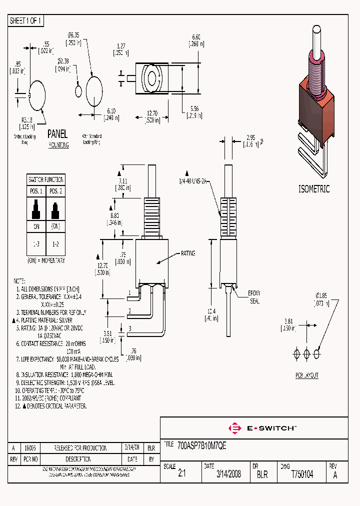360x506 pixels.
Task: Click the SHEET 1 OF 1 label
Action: [x=26, y=20]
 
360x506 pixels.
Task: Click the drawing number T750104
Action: [x=302, y=474]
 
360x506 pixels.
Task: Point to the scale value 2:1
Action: [x=181, y=474]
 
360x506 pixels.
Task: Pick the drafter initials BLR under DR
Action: [x=262, y=474]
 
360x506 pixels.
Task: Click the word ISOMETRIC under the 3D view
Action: [x=314, y=189]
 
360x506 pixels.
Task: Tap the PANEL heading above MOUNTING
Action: [x=57, y=134]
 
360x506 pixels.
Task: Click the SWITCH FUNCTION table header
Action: [x=45, y=179]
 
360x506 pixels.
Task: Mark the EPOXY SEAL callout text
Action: [x=254, y=297]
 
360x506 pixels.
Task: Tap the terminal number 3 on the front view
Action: [x=129, y=328]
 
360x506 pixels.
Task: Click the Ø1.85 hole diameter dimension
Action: [x=321, y=299]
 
